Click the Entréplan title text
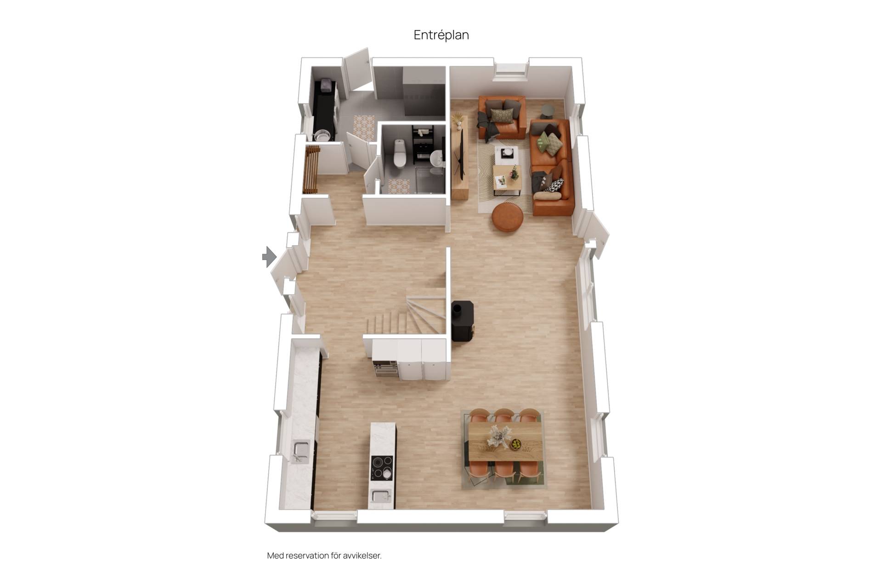point(441,35)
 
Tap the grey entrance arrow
point(269,256)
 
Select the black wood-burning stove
point(462,321)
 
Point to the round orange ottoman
point(508,217)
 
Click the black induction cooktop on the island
point(382,468)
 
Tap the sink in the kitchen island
point(381,497)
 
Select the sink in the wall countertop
point(301,450)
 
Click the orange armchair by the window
point(502,117)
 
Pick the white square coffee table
point(507,153)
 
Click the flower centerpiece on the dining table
point(497,435)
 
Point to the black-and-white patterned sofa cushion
point(554,185)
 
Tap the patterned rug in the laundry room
point(363,127)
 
